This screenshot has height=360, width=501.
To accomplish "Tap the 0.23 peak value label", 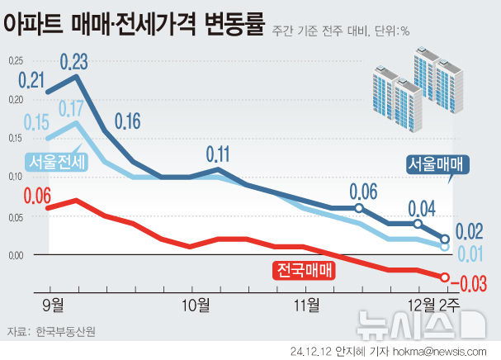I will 75,61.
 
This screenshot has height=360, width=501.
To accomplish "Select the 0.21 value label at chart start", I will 31,81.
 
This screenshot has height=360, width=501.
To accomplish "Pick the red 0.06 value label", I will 38,196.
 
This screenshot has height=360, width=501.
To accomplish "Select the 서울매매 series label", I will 437,163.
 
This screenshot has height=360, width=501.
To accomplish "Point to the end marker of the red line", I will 445,277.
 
